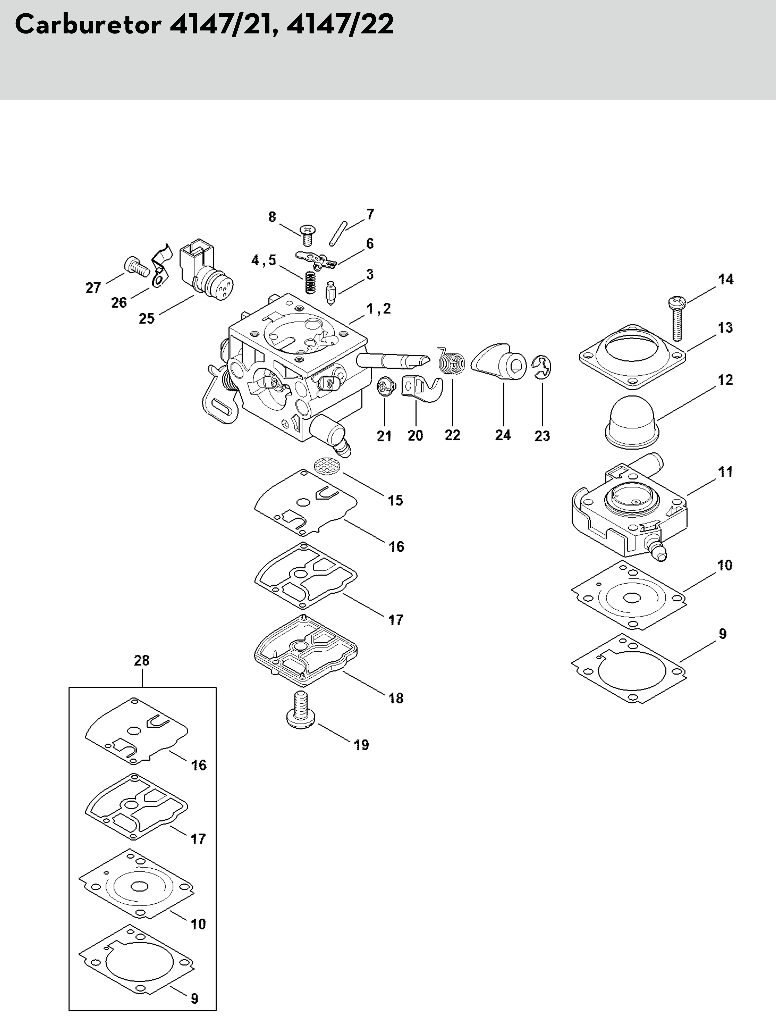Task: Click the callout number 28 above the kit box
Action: (x=142, y=661)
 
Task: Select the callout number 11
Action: (x=725, y=472)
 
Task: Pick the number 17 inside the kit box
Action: (x=198, y=839)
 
